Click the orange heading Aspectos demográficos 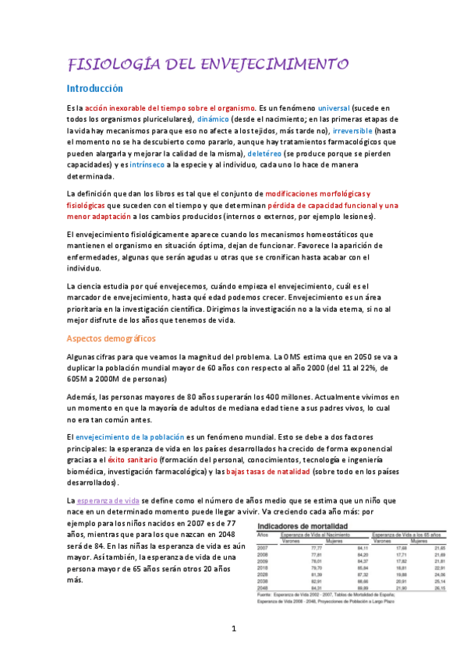(x=111, y=338)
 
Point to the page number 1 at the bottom (x=234, y=627)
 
